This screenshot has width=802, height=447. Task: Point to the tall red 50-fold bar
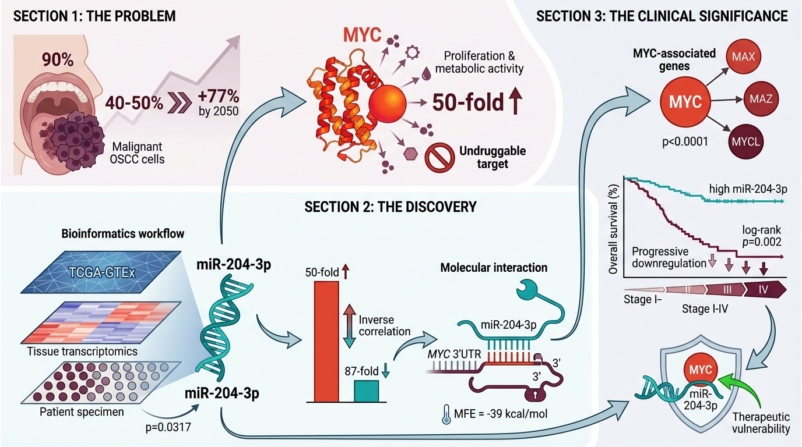326,340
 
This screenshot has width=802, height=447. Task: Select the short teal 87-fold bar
367,390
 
